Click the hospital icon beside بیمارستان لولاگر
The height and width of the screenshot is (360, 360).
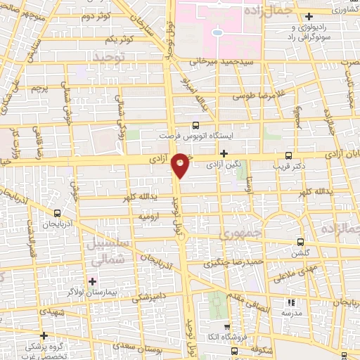point(92,281)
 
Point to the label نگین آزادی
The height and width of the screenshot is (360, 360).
point(228,163)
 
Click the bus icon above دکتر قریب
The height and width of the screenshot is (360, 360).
point(288,155)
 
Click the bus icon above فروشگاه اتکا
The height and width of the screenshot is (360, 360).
point(226,328)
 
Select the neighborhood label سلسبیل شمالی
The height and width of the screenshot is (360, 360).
point(108,252)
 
